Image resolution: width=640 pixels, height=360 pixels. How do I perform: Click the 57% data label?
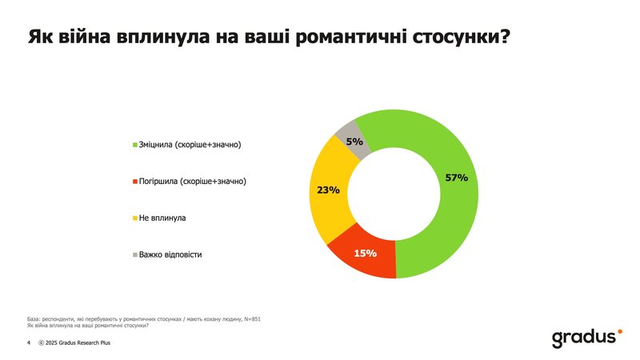456,177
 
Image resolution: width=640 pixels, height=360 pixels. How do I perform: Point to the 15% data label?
366,254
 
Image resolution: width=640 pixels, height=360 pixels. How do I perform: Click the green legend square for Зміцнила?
135,145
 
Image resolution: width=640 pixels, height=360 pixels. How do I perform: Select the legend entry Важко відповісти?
170,254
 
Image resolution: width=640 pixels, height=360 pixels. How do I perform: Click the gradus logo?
584,337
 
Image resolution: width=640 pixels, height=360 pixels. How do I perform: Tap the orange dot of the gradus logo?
618,330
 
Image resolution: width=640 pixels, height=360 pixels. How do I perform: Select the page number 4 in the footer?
28,342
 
